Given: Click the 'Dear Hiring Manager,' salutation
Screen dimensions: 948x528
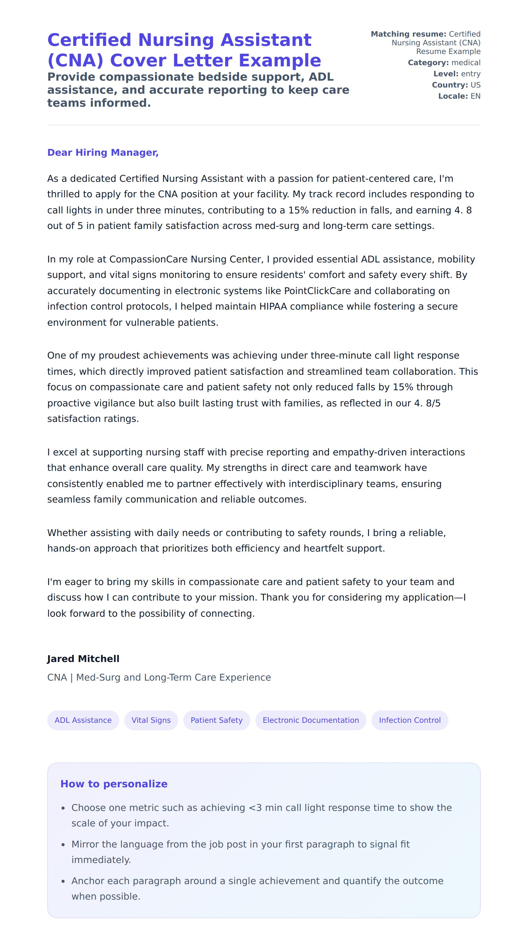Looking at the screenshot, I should [x=103, y=152].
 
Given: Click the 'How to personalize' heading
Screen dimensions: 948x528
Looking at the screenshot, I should [x=114, y=784].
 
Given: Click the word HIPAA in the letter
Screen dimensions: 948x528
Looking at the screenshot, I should [x=273, y=306].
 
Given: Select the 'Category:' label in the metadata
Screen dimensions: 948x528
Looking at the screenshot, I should [x=428, y=63].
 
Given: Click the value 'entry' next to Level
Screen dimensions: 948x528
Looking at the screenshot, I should [x=471, y=74].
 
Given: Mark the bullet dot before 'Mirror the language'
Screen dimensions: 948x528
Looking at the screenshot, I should [x=63, y=845].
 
